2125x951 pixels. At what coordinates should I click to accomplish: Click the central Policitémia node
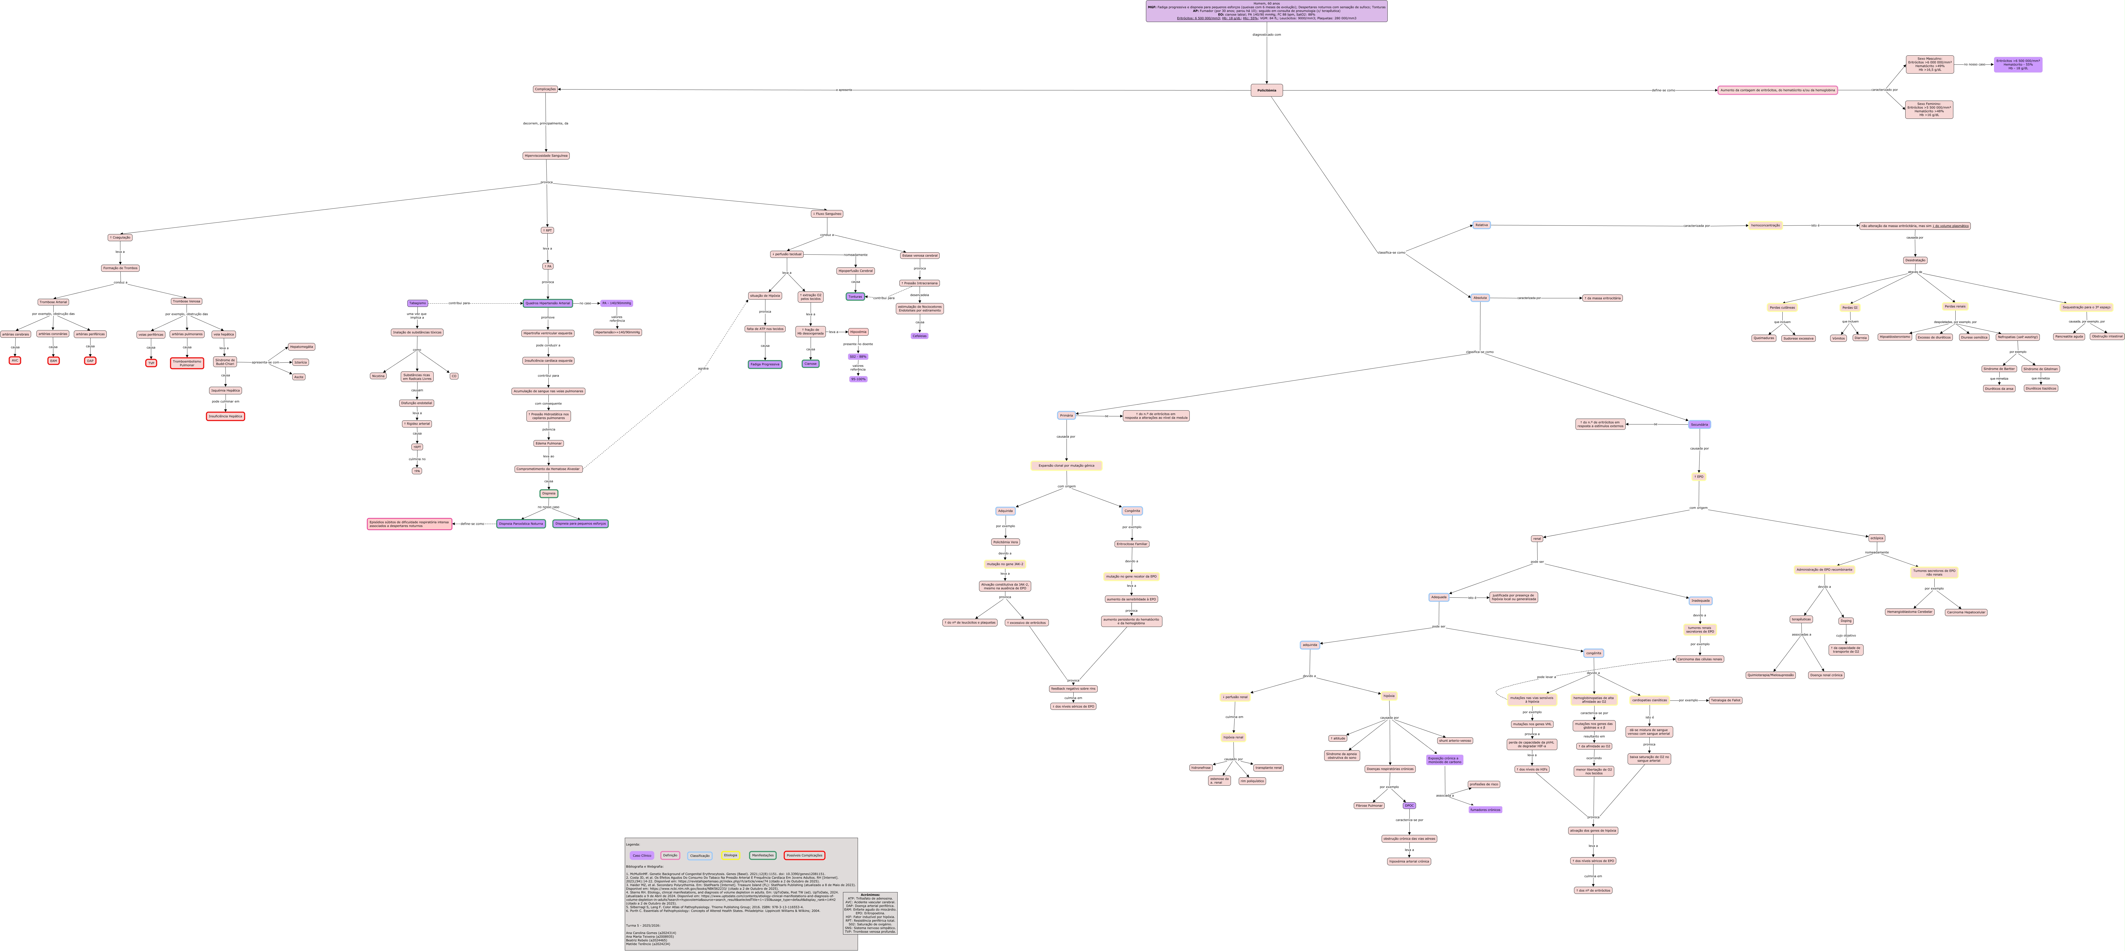[1266, 90]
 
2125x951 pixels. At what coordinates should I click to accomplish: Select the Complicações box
[545, 89]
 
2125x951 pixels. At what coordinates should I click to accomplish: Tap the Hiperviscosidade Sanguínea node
[546, 155]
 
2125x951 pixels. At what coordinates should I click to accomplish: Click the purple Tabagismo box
[417, 303]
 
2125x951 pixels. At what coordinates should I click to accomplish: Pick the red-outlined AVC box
[15, 360]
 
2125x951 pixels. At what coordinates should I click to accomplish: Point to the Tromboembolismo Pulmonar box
[187, 363]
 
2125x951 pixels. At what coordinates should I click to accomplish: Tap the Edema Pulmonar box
[549, 443]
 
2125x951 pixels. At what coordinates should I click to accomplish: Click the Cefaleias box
[920, 336]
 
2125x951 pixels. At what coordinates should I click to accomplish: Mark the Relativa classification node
[1481, 224]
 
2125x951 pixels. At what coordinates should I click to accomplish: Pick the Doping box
[1846, 620]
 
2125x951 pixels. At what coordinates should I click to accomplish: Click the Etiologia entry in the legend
[731, 855]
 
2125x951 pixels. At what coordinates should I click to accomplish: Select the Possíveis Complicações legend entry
[804, 855]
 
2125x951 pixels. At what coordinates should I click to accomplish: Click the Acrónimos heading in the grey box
[870, 894]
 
